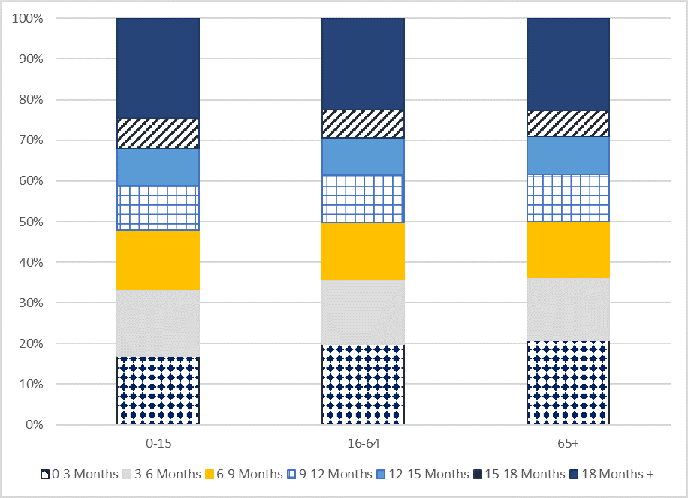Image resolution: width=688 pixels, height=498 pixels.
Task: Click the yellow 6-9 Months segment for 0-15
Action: (158, 260)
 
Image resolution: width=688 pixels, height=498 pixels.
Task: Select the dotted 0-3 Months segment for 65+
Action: (568, 382)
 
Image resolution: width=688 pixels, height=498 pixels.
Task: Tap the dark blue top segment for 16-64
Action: (363, 64)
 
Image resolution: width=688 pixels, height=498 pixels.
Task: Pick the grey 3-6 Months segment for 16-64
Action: (363, 312)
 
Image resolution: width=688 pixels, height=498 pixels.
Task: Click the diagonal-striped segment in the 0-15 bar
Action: (158, 134)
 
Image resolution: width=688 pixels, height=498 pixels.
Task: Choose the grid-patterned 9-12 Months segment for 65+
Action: (568, 198)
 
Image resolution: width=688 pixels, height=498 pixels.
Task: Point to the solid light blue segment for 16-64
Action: (363, 156)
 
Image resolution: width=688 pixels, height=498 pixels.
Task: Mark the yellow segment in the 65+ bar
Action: (568, 250)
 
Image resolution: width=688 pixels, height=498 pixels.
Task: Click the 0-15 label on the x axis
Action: (158, 444)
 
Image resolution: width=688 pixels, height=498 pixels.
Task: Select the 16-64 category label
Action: (363, 444)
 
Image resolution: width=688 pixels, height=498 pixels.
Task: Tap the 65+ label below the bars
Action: (568, 444)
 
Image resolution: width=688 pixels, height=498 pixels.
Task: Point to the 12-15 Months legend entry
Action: (427, 474)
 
